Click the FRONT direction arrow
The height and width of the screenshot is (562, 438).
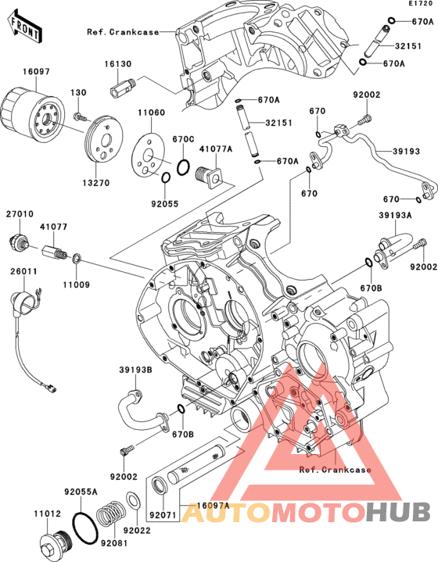(x=24, y=27)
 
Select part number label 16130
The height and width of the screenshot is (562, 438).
(x=118, y=64)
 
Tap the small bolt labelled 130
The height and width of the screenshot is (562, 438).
(x=80, y=116)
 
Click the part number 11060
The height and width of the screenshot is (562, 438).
(x=152, y=113)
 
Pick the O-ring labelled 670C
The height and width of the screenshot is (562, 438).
(x=183, y=167)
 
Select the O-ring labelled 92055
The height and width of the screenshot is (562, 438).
(x=165, y=177)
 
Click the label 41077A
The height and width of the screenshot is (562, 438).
(x=216, y=149)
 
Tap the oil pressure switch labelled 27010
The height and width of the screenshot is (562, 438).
(x=18, y=242)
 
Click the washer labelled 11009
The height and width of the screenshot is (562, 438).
(x=77, y=259)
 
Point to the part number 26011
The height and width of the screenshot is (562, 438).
(x=23, y=271)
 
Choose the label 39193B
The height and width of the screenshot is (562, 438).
(x=135, y=370)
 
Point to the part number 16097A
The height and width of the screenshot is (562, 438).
(x=213, y=506)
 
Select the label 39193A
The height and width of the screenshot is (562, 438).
(x=395, y=216)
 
